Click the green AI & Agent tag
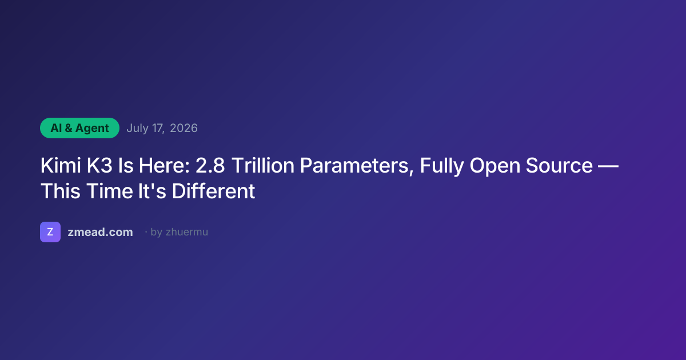(x=79, y=128)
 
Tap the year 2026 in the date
(x=184, y=128)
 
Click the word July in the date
(x=138, y=128)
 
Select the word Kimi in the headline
(x=61, y=165)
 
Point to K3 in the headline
(x=99, y=165)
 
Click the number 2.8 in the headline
(x=210, y=165)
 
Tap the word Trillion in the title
(x=263, y=165)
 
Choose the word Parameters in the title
(x=357, y=166)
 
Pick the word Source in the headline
(x=559, y=165)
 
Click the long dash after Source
(x=608, y=166)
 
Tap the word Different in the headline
(x=213, y=191)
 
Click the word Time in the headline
(x=110, y=191)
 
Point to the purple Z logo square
(x=50, y=232)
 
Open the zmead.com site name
(x=101, y=232)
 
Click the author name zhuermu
(x=187, y=232)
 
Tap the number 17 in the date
(x=158, y=128)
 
